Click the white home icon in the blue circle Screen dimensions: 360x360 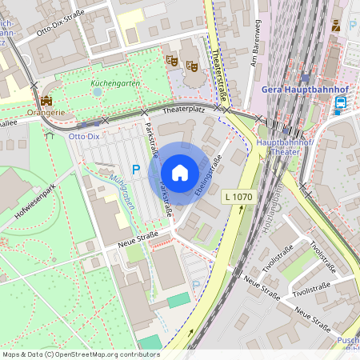(x=179, y=173)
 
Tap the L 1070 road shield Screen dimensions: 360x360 (x=238, y=194)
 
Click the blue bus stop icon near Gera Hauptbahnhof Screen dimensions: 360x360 (x=341, y=103)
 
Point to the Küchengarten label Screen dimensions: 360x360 (x=111, y=82)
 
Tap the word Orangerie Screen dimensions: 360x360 (x=46, y=113)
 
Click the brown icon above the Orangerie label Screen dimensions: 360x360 (x=46, y=101)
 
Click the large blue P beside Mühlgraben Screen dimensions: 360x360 (x=135, y=170)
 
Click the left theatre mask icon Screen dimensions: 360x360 (x=170, y=60)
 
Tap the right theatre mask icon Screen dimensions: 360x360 (x=191, y=65)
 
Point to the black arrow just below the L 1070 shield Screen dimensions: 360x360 (x=241, y=210)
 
